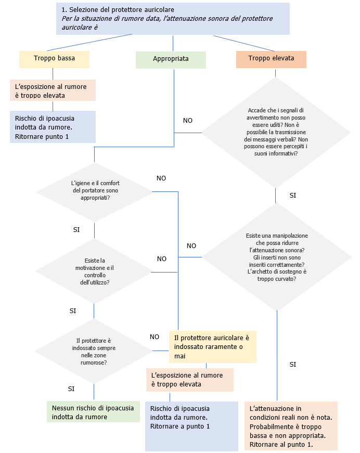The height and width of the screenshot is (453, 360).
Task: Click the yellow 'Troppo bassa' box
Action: (54, 59)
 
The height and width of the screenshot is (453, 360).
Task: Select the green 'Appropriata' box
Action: (171, 59)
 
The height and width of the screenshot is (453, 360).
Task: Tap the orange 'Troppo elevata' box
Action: (271, 59)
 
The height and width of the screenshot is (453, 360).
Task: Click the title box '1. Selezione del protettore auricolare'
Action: (172, 18)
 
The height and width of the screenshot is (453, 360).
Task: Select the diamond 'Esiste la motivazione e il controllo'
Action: (94, 271)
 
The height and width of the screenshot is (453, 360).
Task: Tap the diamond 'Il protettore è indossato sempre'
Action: (95, 351)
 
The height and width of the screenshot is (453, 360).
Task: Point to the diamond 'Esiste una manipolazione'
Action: (276, 257)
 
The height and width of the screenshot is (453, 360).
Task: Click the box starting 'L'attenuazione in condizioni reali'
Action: (291, 425)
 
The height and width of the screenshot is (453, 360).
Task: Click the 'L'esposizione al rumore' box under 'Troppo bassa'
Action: (53, 90)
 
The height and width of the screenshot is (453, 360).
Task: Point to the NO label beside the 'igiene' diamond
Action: (161, 178)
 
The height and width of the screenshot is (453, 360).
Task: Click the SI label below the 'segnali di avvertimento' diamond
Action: (292, 195)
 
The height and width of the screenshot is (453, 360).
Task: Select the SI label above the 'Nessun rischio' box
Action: (72, 389)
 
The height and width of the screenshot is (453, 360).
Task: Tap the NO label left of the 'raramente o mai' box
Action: (155, 336)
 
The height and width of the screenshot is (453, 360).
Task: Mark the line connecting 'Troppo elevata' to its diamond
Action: (276, 73)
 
